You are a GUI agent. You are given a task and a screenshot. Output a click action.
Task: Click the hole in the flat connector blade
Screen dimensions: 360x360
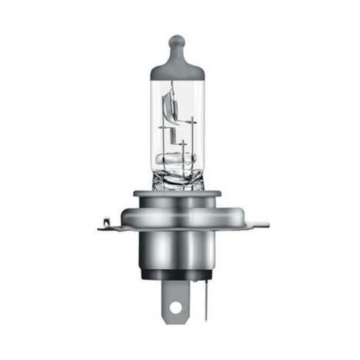[x=176, y=307]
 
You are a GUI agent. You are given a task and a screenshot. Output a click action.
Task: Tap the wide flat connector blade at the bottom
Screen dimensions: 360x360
[x=176, y=297]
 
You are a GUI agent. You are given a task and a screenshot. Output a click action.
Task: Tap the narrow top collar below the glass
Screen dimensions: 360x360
[x=177, y=195]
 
